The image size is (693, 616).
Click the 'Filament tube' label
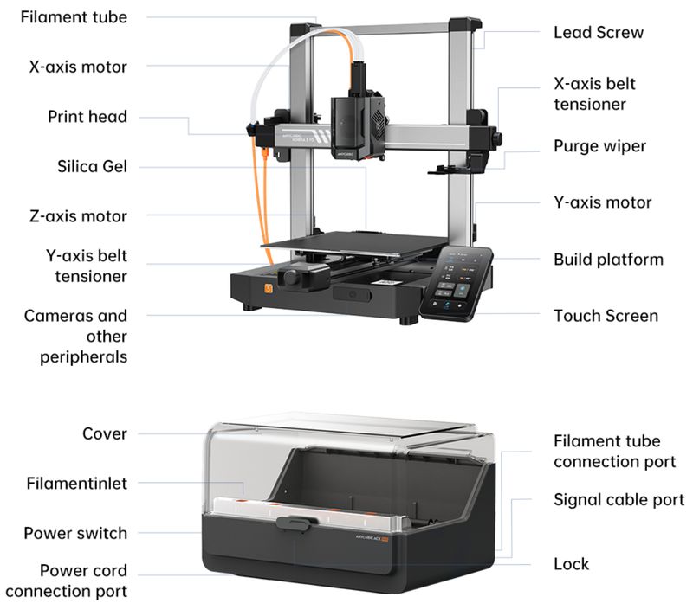coord(74,16)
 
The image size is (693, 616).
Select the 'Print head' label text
coord(87,116)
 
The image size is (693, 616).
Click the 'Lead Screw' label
coord(599,33)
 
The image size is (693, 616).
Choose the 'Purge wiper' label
coord(599,145)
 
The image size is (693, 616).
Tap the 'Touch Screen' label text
coord(606,316)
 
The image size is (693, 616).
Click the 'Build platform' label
coord(608,260)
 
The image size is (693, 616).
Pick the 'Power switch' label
coord(75,533)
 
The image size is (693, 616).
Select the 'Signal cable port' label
coord(619,500)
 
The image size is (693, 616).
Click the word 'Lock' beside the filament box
coord(571,564)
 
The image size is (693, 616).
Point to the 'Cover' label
coord(104,433)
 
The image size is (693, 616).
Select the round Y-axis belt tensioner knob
coord(295,279)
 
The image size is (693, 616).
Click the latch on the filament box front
coord(295,524)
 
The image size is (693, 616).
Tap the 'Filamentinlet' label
coord(77,483)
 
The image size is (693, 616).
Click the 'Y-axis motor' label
coord(602,202)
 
